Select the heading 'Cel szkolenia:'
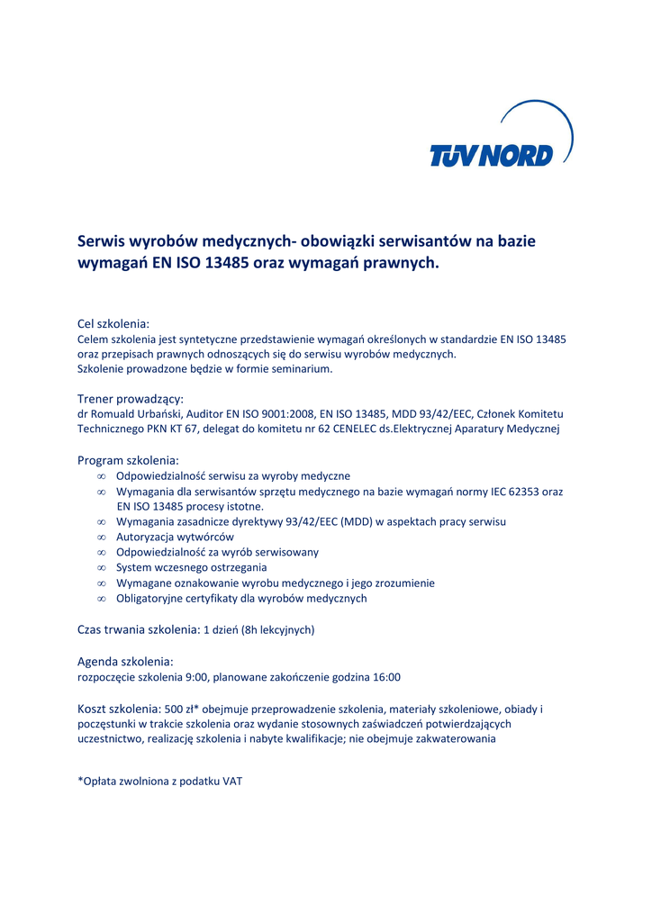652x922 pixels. click(x=113, y=323)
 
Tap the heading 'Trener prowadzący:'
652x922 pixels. click(x=131, y=398)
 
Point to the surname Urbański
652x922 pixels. click(x=155, y=414)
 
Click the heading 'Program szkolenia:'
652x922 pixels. click(x=128, y=460)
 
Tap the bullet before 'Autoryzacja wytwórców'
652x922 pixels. click(x=102, y=538)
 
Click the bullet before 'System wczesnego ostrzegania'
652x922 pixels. click(x=102, y=568)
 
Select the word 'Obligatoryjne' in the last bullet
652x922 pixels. click(x=149, y=599)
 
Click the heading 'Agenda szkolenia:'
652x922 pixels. click(x=125, y=661)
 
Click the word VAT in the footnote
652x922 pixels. click(x=232, y=782)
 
